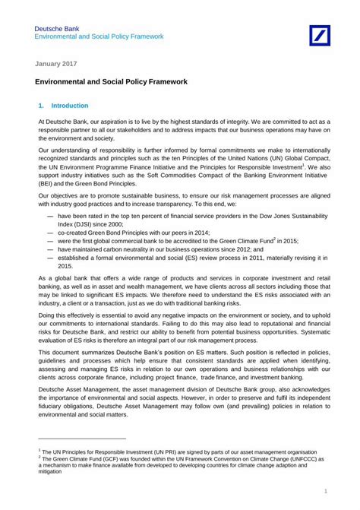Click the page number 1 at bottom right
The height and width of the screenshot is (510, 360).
tap(325, 493)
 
